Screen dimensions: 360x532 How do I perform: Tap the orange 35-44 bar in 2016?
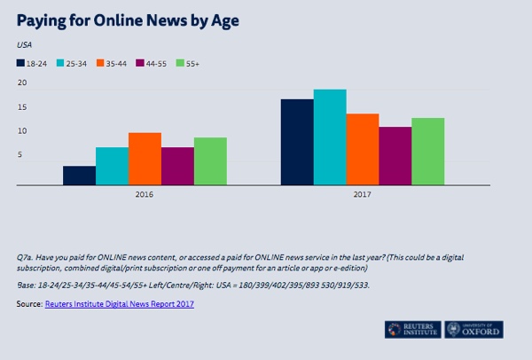tap(145, 159)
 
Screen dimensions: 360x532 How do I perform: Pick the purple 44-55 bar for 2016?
tap(177, 167)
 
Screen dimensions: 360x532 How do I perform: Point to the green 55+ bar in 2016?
tap(210, 161)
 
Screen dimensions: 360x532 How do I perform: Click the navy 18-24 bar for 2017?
tap(297, 142)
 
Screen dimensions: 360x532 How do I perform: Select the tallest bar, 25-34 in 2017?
tap(330, 137)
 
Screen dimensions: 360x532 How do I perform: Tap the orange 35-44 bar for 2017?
tap(363, 149)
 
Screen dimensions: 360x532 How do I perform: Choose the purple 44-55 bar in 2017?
tap(395, 156)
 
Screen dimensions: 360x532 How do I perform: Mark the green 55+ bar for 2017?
tap(428, 152)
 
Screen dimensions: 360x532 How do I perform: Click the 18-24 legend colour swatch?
tap(20, 63)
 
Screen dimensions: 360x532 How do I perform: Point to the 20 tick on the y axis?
tap(22, 83)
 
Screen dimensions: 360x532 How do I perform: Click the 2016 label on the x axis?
tap(145, 195)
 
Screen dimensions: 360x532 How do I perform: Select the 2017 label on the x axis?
tap(363, 195)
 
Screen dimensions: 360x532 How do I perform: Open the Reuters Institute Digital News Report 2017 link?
tap(120, 304)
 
